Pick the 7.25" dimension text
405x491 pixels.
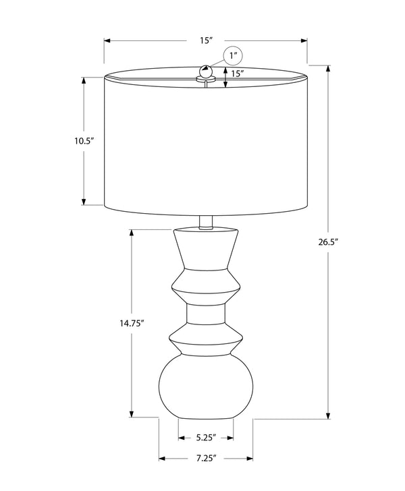tap(205, 459)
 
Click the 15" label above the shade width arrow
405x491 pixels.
tap(206, 40)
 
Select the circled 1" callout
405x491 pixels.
tap(234, 55)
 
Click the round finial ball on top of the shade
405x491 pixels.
tap(206, 70)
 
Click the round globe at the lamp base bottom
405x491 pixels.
tap(206, 388)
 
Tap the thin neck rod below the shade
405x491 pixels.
tap(206, 222)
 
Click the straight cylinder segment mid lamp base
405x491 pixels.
tap(206, 314)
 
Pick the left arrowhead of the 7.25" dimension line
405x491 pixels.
tap(162, 459)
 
